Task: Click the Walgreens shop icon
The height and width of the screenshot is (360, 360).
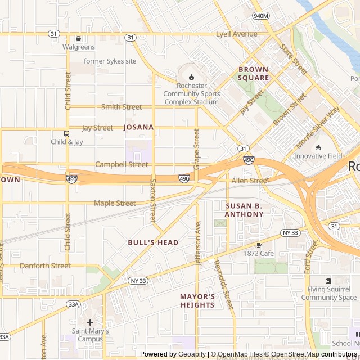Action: point(78,38)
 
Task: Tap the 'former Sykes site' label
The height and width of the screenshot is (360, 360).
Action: point(110,61)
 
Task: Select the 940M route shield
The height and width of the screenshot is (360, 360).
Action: point(261,16)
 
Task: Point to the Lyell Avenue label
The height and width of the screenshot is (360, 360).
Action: point(236,34)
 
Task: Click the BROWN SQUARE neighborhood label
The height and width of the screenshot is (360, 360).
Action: point(253,74)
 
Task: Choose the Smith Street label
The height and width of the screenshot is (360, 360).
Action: point(121,107)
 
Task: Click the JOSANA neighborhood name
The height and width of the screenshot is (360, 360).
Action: point(138,127)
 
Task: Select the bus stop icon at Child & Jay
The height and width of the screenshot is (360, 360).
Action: point(67,133)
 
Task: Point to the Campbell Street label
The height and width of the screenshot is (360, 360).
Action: point(121,165)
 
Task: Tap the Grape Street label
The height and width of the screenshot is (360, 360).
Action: point(197,149)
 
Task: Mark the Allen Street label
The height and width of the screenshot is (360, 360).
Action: point(250,181)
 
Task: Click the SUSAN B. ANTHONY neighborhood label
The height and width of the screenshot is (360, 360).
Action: point(244,210)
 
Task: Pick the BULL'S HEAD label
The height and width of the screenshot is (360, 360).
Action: point(145,242)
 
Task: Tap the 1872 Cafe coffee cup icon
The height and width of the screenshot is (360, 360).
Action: point(259,245)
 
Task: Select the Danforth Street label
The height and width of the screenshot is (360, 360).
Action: point(45,265)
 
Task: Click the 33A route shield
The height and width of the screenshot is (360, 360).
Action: point(73,304)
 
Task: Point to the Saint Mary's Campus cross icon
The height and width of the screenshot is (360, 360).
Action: point(89,322)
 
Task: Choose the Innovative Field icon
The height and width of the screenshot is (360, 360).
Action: point(318,147)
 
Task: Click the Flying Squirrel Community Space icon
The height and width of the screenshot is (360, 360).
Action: point(329,281)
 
